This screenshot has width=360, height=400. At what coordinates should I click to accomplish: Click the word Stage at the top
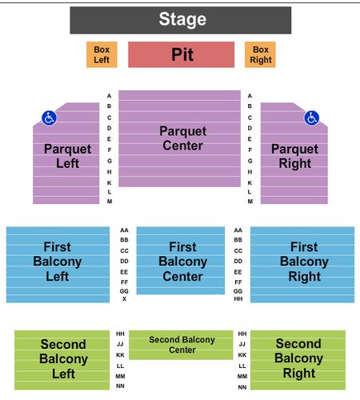[182, 19]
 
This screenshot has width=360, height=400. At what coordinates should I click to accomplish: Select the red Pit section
[182, 54]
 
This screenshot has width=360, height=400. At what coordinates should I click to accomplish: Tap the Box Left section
[102, 54]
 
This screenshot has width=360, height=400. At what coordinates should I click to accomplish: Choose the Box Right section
[260, 54]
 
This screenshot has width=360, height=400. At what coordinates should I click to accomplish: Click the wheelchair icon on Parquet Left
[49, 118]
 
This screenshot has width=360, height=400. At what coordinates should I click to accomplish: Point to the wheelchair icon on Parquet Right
[311, 118]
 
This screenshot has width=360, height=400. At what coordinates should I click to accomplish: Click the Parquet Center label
[183, 138]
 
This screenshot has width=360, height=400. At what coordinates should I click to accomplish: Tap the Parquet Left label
[68, 156]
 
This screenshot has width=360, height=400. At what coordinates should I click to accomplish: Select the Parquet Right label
[294, 156]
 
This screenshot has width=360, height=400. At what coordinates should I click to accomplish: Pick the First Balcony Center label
[183, 262]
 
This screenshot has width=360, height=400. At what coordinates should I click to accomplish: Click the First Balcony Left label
[58, 262]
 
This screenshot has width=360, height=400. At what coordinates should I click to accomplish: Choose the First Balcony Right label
[304, 262]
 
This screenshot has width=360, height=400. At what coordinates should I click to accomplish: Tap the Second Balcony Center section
[181, 345]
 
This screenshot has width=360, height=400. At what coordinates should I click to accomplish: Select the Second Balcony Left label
[63, 359]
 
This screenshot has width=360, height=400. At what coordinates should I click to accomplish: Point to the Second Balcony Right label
[298, 358]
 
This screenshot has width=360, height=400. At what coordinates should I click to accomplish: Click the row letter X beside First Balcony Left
[124, 299]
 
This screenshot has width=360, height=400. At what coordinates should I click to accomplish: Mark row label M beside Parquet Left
[110, 202]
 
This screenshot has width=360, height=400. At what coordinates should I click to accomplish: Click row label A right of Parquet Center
[250, 96]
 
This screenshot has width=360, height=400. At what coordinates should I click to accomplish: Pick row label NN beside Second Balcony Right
[242, 387]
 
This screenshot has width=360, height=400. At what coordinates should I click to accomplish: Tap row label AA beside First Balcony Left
[124, 230]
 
